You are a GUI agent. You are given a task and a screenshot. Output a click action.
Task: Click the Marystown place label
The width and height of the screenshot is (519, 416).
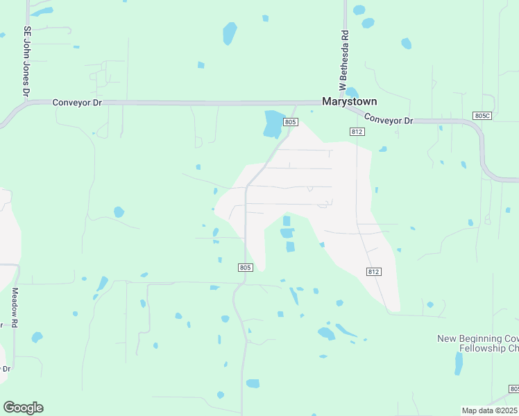[350, 101]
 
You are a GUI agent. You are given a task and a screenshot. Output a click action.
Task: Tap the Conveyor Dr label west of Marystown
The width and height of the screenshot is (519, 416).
[77, 102]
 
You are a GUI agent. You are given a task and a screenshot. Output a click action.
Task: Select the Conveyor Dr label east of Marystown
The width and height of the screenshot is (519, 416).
[388, 119]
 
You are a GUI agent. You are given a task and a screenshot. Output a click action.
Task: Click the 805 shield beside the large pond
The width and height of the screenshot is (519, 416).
[290, 122]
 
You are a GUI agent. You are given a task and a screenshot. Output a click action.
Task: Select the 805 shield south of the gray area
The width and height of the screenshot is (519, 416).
[244, 267]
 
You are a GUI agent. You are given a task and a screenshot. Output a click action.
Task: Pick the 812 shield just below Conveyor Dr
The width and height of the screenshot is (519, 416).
[357, 131]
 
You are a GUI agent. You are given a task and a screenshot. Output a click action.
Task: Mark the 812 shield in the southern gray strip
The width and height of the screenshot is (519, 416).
[374, 272]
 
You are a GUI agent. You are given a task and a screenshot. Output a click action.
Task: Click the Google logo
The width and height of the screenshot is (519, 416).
[23, 407]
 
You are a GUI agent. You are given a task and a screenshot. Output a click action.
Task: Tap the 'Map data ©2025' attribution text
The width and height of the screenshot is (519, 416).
[490, 410]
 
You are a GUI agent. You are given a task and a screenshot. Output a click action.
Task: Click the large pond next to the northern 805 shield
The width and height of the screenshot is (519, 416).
[273, 123]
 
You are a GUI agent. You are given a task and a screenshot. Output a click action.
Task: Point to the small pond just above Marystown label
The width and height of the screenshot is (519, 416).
[352, 92]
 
